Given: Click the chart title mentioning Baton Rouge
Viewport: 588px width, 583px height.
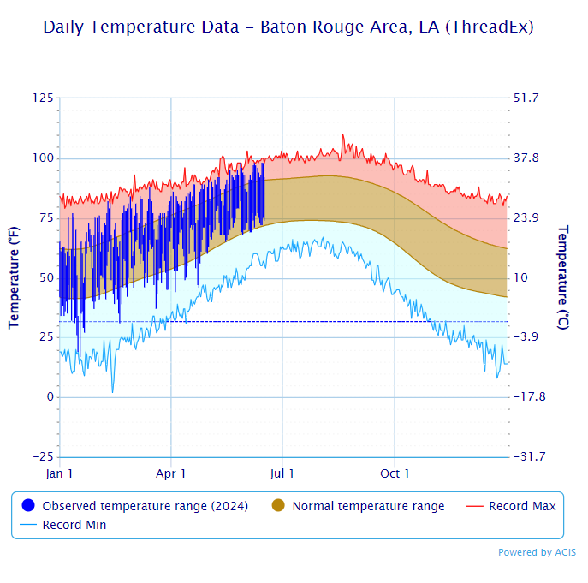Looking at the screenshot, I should coord(288,27).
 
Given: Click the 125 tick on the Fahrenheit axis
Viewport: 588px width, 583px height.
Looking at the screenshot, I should coord(43,98).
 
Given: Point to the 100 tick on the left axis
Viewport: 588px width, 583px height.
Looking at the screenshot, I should coord(43,158).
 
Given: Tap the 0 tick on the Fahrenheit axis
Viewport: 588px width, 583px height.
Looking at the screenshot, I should coord(50,397).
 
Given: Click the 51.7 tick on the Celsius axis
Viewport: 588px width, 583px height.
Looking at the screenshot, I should coord(526,98).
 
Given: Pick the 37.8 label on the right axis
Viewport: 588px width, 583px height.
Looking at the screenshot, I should coord(526,158).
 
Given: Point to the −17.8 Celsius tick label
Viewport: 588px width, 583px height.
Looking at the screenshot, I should coord(529,397).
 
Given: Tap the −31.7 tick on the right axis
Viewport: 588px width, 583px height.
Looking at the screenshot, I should coord(529,456).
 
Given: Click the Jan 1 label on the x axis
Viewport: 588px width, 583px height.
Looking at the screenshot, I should coord(59,473).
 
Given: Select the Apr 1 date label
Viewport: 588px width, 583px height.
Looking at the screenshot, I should coord(171,473).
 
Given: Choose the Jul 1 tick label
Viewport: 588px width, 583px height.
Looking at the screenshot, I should coord(282,473).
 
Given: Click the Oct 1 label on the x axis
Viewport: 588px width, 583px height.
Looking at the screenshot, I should coord(395,473).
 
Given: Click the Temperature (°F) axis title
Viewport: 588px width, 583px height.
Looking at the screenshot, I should coord(14,277).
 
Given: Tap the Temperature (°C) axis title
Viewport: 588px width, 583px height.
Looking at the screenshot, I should coord(562,277).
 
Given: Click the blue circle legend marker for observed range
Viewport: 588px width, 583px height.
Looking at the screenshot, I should coord(28,506).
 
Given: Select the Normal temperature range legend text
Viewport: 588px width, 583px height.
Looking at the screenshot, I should coord(368,506).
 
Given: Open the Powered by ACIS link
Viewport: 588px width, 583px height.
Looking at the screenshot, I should coord(537,552).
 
